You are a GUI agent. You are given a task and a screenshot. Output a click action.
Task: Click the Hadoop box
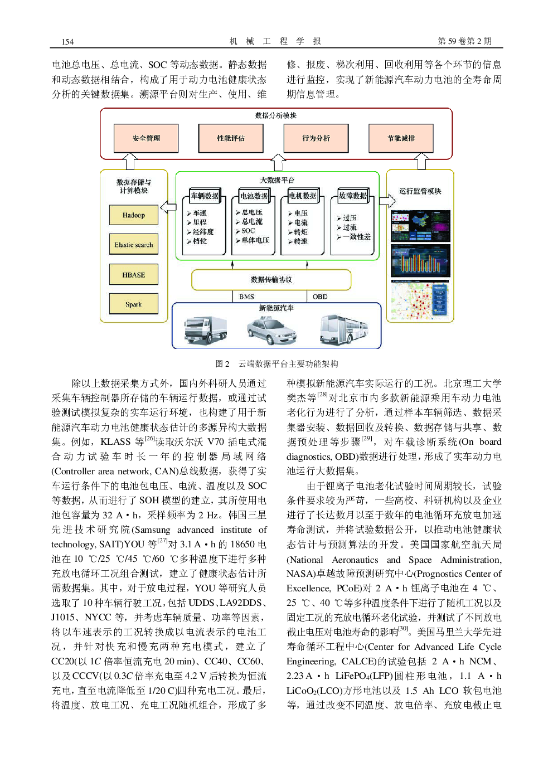[133, 215]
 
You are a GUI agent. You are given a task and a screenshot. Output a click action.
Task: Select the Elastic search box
[133, 245]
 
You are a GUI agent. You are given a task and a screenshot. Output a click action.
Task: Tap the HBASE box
[133, 275]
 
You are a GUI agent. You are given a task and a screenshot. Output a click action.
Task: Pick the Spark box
[133, 304]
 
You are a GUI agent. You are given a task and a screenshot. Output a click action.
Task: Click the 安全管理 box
[146, 138]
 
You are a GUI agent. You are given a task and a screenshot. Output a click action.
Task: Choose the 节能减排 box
[401, 138]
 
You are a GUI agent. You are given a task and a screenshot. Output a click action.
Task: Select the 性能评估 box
[231, 138]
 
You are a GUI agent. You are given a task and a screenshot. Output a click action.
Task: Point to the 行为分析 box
[316, 138]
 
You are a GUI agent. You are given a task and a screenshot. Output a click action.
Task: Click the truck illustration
[206, 330]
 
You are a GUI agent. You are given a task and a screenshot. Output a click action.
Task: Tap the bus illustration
[344, 330]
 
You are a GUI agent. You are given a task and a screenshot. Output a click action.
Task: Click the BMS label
[246, 297]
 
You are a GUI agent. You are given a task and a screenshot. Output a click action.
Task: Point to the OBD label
[320, 297]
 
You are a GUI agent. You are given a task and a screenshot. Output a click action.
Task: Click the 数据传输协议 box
[271, 280]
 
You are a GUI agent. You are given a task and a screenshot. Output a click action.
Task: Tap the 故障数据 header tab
[353, 196]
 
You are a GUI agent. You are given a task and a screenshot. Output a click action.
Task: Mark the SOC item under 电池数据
[248, 231]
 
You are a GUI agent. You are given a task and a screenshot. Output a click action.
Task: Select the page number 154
[67, 42]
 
